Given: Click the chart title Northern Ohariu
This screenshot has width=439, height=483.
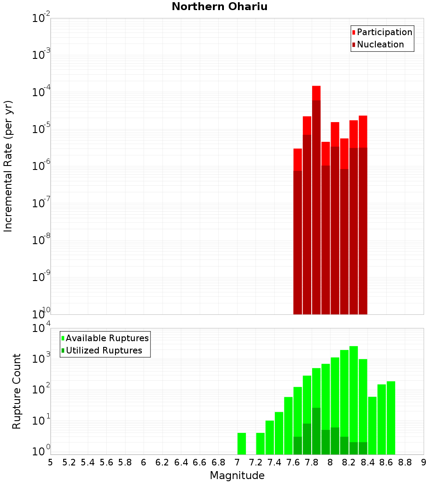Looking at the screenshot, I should [219, 7].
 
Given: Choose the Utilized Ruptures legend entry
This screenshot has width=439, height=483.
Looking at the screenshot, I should [103, 350].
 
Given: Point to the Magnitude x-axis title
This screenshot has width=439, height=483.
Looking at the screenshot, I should [237, 476].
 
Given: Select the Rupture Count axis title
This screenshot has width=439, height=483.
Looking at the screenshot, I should [17, 391].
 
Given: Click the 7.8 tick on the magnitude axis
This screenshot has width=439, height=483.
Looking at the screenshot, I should [312, 462].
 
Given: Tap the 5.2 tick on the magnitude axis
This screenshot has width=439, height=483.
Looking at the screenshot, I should [69, 462].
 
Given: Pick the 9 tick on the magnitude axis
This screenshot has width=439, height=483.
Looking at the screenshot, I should [424, 462].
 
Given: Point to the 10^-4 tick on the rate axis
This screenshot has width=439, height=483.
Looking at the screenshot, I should [41, 92].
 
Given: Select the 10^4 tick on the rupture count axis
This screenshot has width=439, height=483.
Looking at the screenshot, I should [41, 329].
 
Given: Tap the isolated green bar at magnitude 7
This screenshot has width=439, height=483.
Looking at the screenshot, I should [241, 443].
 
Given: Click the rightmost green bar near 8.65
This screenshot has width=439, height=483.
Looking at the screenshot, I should [391, 417].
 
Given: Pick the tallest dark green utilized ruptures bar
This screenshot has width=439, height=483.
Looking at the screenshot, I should [317, 430].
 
